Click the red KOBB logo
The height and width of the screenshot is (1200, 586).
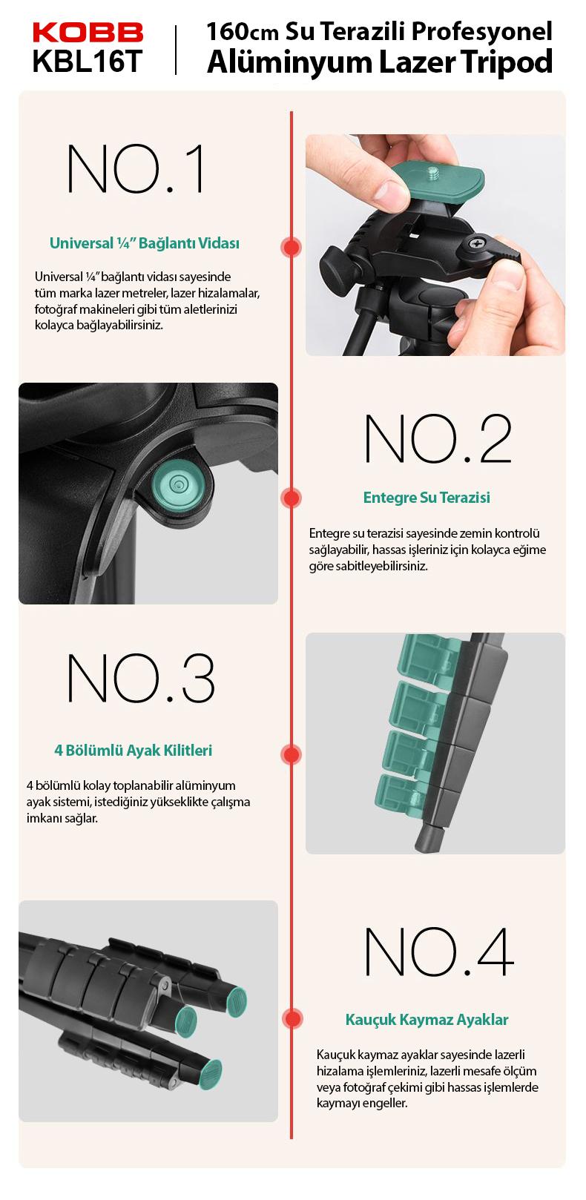[88, 32]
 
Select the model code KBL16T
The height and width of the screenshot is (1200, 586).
[88, 61]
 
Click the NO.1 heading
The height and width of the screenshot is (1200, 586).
[135, 168]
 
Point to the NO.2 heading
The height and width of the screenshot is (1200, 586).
[438, 438]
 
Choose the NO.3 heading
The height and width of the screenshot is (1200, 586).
[141, 678]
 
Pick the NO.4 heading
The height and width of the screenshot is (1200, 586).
[439, 952]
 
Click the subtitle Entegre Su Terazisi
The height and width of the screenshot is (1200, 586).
[427, 498]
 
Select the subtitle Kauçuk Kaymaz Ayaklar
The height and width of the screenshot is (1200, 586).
[427, 1020]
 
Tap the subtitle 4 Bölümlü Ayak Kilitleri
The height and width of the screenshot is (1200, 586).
[134, 750]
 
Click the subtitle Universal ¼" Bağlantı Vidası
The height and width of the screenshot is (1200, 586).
[145, 243]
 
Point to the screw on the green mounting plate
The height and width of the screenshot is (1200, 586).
[432, 173]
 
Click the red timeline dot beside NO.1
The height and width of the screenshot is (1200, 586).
[291, 247]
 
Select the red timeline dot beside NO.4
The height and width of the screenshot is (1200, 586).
[292, 1018]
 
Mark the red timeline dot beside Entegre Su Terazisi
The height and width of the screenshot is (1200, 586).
[291, 498]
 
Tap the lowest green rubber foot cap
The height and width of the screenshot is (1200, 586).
[210, 1075]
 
